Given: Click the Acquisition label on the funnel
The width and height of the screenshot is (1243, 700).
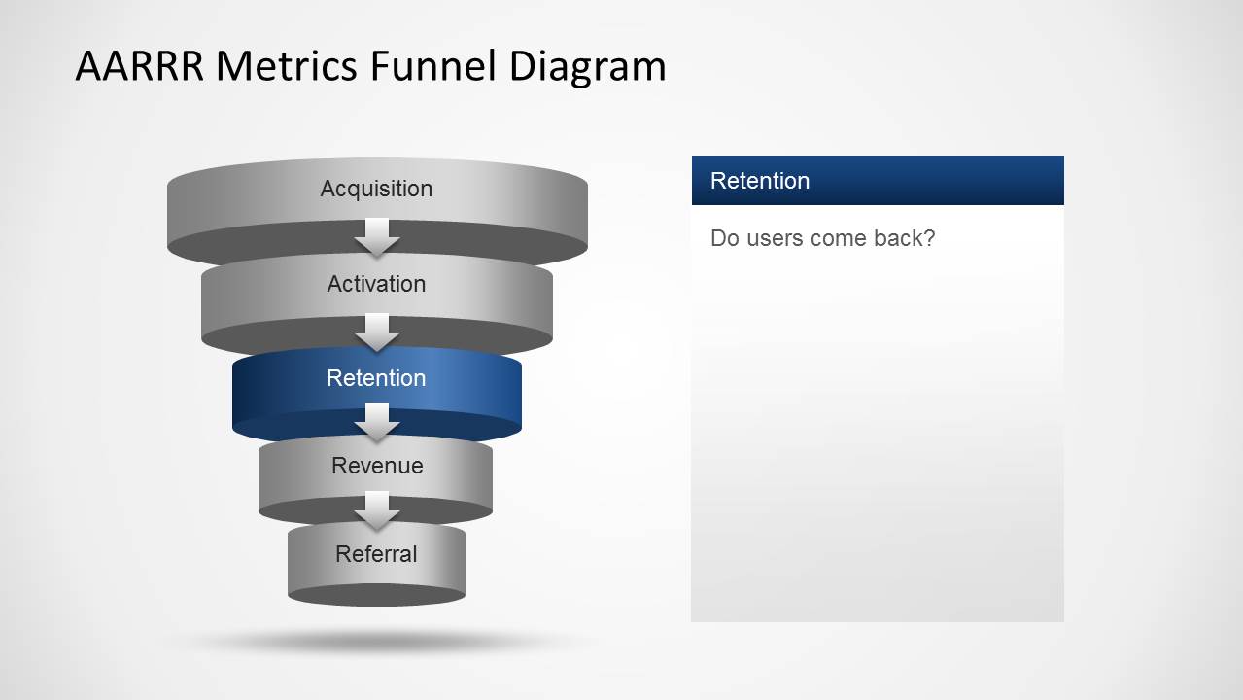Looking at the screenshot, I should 376,189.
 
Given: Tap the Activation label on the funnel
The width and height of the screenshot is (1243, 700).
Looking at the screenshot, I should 376,284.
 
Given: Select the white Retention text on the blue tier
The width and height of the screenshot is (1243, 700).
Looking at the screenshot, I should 376,378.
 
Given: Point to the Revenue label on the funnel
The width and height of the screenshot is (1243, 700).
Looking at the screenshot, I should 377,466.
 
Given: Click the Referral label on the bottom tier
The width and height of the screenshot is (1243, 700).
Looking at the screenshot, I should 376,554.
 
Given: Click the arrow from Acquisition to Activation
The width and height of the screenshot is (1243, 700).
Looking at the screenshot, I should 377,237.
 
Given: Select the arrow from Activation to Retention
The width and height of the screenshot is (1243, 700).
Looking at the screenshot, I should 377,332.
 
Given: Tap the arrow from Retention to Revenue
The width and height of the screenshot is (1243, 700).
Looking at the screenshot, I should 377,422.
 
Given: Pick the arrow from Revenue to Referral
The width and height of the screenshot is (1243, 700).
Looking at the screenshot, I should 377,510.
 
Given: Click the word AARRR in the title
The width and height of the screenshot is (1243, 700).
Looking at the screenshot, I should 140,67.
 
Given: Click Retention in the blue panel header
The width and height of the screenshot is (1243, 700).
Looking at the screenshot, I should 760,181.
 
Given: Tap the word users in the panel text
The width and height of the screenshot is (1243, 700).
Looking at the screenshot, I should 774,238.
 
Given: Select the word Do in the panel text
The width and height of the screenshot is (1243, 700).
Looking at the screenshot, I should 724,238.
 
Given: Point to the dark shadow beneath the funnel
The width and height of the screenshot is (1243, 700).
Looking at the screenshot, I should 379,641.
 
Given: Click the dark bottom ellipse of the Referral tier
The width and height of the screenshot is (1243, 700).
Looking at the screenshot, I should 376,595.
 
